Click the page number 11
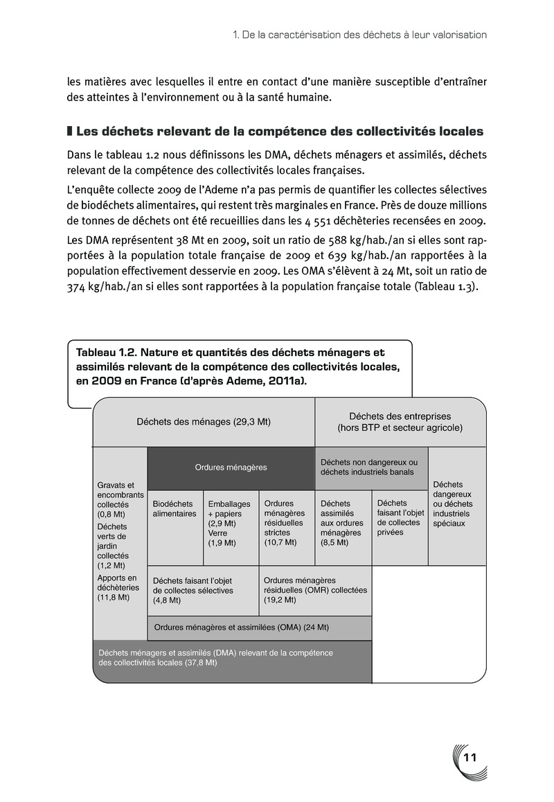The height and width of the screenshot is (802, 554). coord(470,757)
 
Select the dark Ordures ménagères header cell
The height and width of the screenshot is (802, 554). coord(231,467)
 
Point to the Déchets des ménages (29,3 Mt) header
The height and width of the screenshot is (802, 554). coord(204,422)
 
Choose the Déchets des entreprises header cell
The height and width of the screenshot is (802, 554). coord(400,422)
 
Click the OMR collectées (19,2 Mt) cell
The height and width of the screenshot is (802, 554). coord(315,590)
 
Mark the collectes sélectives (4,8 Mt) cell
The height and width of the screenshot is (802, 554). coord(202,590)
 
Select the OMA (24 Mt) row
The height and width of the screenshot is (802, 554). coord(259,627)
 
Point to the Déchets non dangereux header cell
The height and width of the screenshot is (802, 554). coord(371,467)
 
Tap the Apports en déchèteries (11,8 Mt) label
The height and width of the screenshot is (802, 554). coord(118,587)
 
